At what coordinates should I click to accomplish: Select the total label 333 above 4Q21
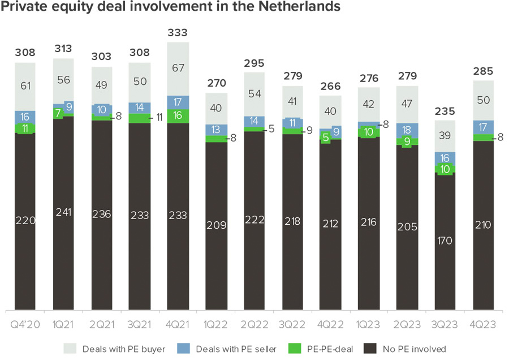pos(178,33)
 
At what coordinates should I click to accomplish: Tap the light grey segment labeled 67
pos(178,68)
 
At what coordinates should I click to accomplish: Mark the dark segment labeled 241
pos(63,212)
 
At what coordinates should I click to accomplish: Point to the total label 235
pos(445,111)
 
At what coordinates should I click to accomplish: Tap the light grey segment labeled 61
pos(25,86)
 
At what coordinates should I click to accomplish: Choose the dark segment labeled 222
pos(254,220)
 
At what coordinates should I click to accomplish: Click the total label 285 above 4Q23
pos(483,71)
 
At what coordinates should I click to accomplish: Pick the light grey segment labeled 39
pos(445,136)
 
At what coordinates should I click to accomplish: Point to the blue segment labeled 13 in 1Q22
pos(216,130)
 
